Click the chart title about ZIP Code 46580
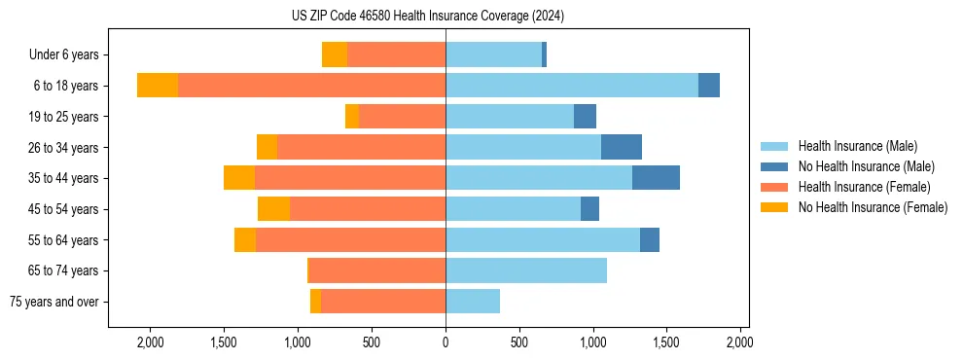pos(427,17)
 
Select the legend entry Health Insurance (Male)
pos(856,146)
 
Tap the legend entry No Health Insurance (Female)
pos(873,207)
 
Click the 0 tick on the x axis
pos(446,342)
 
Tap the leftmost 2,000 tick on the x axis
pos(151,342)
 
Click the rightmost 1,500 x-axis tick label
pos(666,342)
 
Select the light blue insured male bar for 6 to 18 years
pos(572,86)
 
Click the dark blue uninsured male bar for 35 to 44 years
pos(656,178)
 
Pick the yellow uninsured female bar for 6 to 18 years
pos(158,86)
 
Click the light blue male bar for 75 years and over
pos(473,302)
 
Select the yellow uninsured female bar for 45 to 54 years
pos(273,209)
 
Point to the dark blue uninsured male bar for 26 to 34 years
pos(622,147)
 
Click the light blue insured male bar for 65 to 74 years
pos(526,270)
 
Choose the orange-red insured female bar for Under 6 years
pos(396,54)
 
